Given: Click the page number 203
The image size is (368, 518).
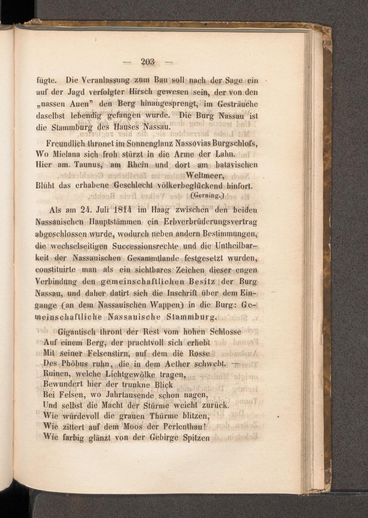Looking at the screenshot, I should (x=148, y=62).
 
